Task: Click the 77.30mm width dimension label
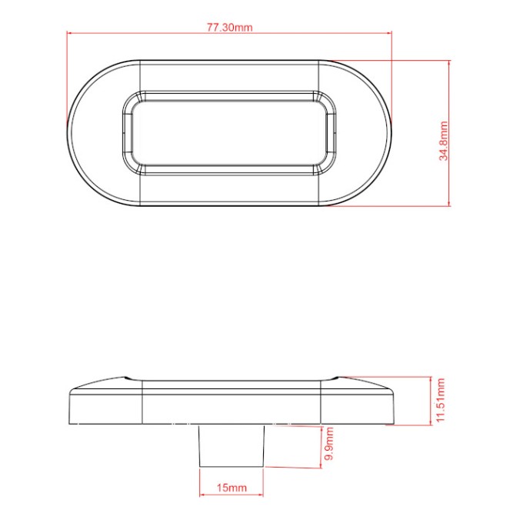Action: point(230,27)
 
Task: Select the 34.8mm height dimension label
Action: point(444,141)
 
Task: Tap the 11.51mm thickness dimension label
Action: point(441,400)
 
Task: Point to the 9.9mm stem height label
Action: point(329,443)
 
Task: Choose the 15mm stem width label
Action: point(232,488)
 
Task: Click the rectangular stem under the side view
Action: point(232,445)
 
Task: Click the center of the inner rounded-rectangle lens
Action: point(229,133)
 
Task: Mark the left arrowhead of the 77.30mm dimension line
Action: point(69,32)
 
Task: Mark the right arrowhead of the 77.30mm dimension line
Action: point(389,33)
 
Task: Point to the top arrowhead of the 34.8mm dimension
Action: point(449,63)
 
